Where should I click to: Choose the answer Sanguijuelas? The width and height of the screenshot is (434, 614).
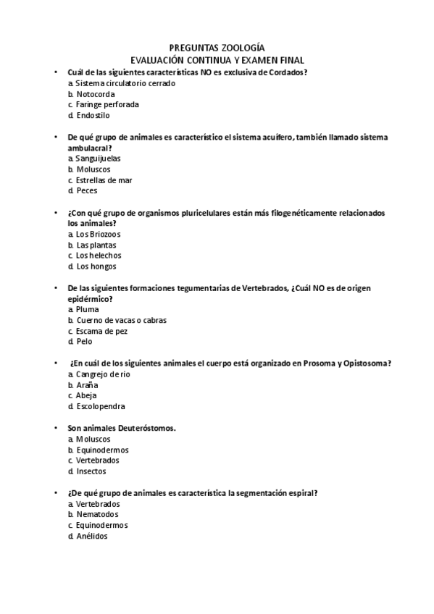click(x=98, y=158)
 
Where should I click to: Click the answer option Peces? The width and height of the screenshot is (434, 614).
click(x=87, y=190)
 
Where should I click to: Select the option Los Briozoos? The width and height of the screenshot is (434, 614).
click(x=99, y=234)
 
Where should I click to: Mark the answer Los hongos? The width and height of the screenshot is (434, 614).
click(x=96, y=266)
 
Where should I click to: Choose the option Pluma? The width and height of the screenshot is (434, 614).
click(x=88, y=309)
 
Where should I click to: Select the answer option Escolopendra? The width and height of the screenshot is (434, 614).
click(x=100, y=406)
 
